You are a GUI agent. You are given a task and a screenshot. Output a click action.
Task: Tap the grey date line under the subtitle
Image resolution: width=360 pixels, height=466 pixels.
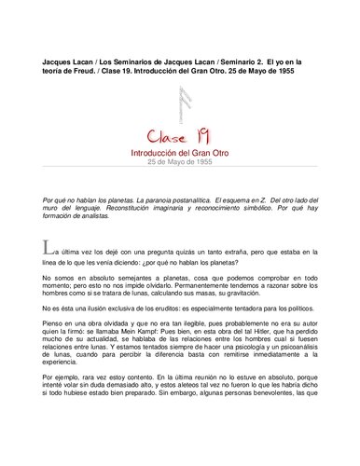[x=179, y=160]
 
